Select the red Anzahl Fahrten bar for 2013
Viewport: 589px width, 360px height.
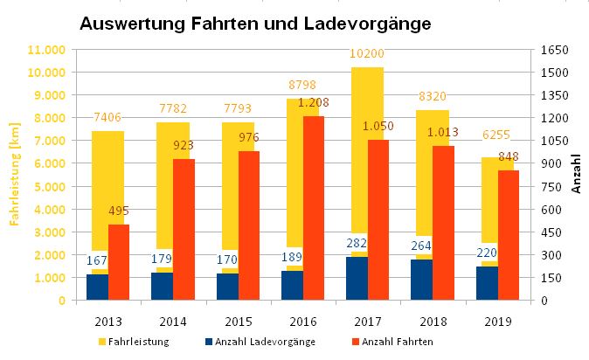[x=119, y=262]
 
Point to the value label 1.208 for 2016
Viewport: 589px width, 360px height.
[x=312, y=103]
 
